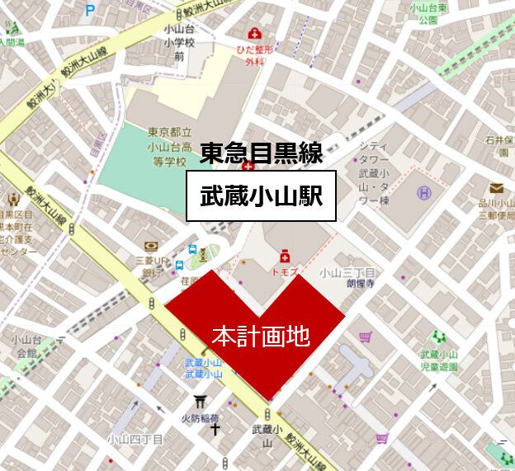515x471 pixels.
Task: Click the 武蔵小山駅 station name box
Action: (x=261, y=196)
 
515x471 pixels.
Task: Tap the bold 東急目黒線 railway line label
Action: (x=260, y=153)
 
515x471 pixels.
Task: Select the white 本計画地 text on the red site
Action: (x=260, y=336)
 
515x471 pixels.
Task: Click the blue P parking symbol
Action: (x=90, y=12)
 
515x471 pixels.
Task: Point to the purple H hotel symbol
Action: (x=423, y=193)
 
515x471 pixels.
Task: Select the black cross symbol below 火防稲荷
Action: (x=215, y=429)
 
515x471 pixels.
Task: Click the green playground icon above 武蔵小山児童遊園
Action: (x=438, y=336)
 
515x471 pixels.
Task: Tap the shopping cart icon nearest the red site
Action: (x=365, y=336)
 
